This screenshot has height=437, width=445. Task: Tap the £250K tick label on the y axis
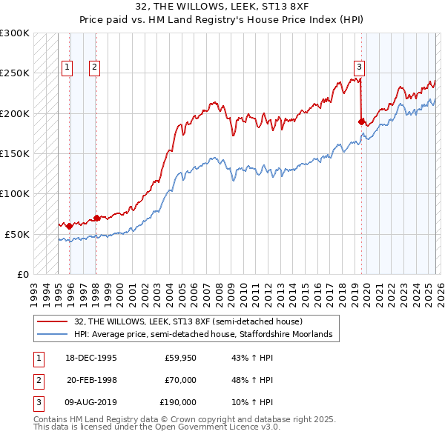(15, 73)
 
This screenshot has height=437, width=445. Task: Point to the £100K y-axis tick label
(15, 193)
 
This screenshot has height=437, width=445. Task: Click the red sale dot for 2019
(361, 121)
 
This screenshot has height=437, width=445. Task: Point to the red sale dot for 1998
(96, 218)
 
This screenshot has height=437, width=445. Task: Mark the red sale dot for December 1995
(70, 226)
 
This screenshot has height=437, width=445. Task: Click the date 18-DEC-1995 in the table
(92, 358)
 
